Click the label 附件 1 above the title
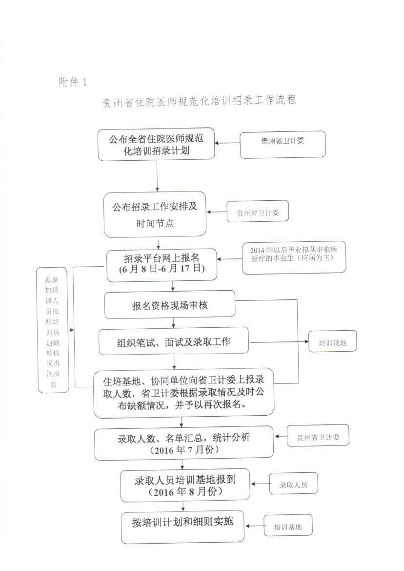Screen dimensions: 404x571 pos(73,82)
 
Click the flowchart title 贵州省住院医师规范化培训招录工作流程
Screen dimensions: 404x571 pos(199,101)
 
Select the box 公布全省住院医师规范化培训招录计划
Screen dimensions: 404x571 pos(156,144)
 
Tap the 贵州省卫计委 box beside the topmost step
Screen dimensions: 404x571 pos(283,145)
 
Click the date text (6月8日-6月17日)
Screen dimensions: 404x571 pos(162,269)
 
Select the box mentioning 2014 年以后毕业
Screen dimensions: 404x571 pos(294,257)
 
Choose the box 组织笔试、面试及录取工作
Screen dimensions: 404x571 pos(174,341)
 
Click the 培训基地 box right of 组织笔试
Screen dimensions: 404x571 pos(332,341)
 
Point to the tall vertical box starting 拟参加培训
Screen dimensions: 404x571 pos(53,330)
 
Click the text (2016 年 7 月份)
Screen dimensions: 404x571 pos(184,450)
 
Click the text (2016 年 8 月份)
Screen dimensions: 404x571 pos(185,492)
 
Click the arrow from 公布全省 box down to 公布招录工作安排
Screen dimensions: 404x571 pos(157,176)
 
